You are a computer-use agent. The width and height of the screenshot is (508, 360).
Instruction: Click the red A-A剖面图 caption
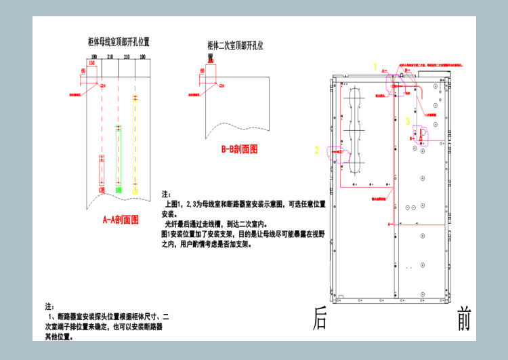pyautogui.click(x=120, y=220)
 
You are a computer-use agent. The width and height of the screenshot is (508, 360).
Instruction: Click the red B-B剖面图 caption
pyautogui.click(x=239, y=149)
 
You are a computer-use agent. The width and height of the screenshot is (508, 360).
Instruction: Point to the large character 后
pyautogui.click(x=320, y=318)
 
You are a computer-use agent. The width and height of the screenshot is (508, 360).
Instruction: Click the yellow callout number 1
pyautogui.click(x=375, y=66)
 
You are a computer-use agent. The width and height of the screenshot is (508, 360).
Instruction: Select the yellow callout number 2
pyautogui.click(x=316, y=150)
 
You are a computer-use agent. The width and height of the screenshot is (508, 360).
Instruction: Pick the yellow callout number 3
pyautogui.click(x=408, y=121)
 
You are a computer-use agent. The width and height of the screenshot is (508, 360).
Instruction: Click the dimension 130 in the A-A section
pyautogui.click(x=91, y=63)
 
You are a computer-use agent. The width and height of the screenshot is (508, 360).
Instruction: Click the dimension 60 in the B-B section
pyautogui.click(x=202, y=70)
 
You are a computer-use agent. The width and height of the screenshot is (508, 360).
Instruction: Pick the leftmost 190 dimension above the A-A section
pyautogui.click(x=94, y=56)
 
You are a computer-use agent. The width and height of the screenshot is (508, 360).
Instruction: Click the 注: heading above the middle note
pyautogui.click(x=167, y=194)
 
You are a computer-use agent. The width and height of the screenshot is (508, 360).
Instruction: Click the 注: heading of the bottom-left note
pyautogui.click(x=49, y=306)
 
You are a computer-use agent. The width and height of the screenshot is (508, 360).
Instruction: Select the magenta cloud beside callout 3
pyautogui.click(x=420, y=134)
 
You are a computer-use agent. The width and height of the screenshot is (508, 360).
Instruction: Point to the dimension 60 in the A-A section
pyautogui.click(x=83, y=70)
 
